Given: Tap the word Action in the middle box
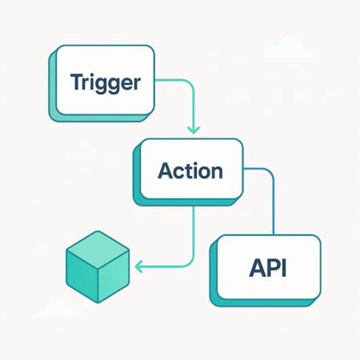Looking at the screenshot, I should coord(190,170).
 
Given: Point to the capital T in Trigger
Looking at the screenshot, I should coord(76,82).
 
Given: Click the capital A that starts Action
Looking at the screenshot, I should coord(166,170).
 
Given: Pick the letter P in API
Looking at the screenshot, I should coord(269,266).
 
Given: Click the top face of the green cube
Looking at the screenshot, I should coord(97,245).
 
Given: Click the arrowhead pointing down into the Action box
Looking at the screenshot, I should coord(192,129).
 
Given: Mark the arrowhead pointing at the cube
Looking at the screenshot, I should coord(138,266).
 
